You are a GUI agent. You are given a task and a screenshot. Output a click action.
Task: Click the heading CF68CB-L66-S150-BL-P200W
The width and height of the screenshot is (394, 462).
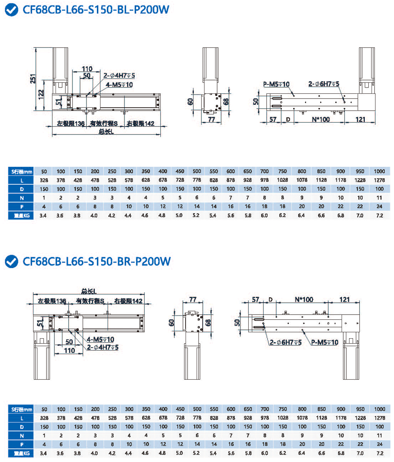(x=96, y=10)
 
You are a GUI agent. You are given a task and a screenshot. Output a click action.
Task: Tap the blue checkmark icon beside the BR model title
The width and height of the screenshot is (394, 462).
(x=12, y=261)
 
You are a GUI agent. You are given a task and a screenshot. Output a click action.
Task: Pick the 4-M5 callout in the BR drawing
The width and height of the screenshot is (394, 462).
(x=100, y=339)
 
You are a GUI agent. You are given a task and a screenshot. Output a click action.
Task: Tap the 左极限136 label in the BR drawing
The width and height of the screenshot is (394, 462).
(x=52, y=301)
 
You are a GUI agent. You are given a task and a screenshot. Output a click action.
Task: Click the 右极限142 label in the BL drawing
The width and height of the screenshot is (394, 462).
(x=141, y=123)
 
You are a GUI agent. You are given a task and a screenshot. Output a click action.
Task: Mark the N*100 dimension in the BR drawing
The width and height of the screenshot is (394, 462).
(x=304, y=300)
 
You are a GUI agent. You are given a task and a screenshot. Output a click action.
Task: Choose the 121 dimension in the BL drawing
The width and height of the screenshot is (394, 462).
(x=361, y=119)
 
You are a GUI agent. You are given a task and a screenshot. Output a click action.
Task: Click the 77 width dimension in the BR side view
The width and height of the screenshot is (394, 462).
(x=193, y=300)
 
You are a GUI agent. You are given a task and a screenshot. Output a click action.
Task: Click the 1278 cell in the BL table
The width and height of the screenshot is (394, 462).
(x=379, y=180)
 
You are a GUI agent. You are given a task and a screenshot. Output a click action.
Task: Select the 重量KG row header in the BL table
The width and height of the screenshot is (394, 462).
(x=21, y=216)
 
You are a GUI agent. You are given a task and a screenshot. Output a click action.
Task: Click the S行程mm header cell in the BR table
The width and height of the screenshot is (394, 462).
(x=21, y=410)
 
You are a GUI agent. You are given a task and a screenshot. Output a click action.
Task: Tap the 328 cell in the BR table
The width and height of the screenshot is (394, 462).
(x=44, y=418)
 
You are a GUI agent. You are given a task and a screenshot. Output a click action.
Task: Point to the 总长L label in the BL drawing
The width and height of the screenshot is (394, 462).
(x=106, y=132)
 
